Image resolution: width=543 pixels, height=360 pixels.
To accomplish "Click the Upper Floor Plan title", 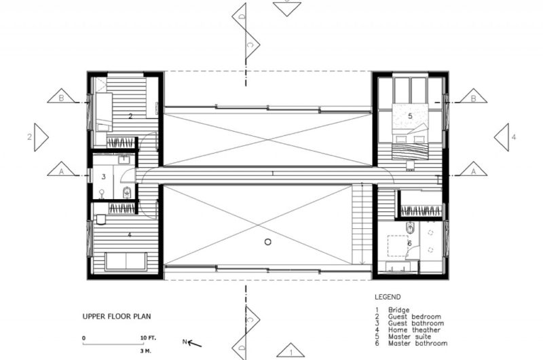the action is [x=117, y=317].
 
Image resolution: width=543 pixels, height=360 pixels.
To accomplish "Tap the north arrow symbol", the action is [x=192, y=343].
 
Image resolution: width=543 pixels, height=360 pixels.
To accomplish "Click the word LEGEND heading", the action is [x=388, y=297].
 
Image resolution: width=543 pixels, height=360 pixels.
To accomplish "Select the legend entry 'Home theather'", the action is [x=414, y=330].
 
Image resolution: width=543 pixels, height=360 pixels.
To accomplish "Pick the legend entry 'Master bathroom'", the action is [x=417, y=344].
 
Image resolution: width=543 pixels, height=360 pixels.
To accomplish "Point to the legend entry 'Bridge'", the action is [x=398, y=310].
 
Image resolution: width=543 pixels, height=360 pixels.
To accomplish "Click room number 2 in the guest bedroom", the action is [x=130, y=116].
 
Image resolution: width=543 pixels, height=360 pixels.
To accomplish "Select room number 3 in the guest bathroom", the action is [x=104, y=177].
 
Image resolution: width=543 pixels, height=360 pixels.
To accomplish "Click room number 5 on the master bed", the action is [x=411, y=116].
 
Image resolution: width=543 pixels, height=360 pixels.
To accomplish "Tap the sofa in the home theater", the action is [x=126, y=262].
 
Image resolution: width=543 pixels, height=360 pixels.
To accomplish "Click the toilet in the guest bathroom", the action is [x=128, y=192].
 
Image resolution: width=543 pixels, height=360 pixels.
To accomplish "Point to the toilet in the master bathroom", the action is [x=411, y=229].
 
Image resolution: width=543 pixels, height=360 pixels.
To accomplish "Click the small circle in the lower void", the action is [x=267, y=242].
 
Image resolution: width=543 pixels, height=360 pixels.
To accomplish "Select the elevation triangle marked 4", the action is [x=502, y=137].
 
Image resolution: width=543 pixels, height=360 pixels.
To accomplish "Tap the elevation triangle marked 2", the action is [x=41, y=137].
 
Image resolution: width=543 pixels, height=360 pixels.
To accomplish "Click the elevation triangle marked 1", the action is [x=291, y=350].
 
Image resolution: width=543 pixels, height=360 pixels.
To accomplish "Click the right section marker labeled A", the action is [x=473, y=168].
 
